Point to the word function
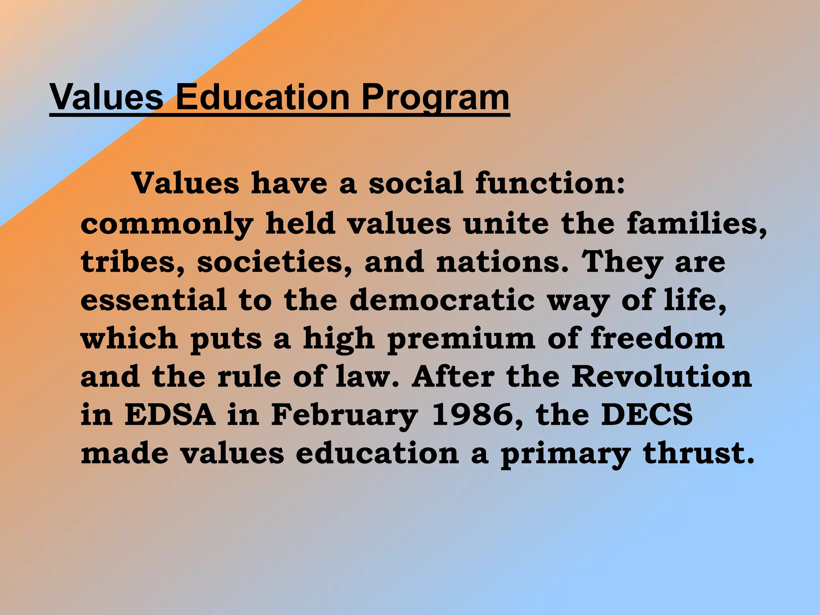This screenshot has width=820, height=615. click(550, 183)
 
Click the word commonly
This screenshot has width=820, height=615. click(167, 224)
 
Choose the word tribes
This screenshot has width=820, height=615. click(133, 262)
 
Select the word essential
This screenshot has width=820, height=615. click(154, 300)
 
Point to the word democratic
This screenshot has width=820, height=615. click(442, 300)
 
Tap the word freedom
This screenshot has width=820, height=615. click(657, 339)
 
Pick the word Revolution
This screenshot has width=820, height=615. click(661, 377)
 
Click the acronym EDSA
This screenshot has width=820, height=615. click(170, 415)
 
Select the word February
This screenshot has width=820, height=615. click(345, 416)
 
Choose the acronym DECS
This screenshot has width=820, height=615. click(647, 415)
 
